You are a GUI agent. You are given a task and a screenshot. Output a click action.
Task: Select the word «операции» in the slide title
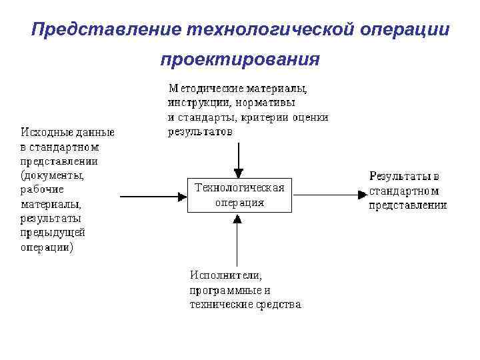tap(405, 31)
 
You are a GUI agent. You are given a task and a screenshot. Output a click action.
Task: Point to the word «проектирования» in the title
tap(239, 61)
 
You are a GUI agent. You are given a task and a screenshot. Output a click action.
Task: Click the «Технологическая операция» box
tap(239, 195)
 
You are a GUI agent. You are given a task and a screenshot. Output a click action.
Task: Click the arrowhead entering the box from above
tap(239, 172)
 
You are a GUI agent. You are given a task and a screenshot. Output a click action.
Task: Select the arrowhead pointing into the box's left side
tap(181, 195)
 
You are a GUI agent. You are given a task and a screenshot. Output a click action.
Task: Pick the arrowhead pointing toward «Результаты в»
tap(361, 195)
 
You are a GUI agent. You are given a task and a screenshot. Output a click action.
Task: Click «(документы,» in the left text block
tap(53, 176)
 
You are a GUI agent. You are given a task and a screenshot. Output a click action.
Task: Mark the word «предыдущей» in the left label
tap(53, 233)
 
